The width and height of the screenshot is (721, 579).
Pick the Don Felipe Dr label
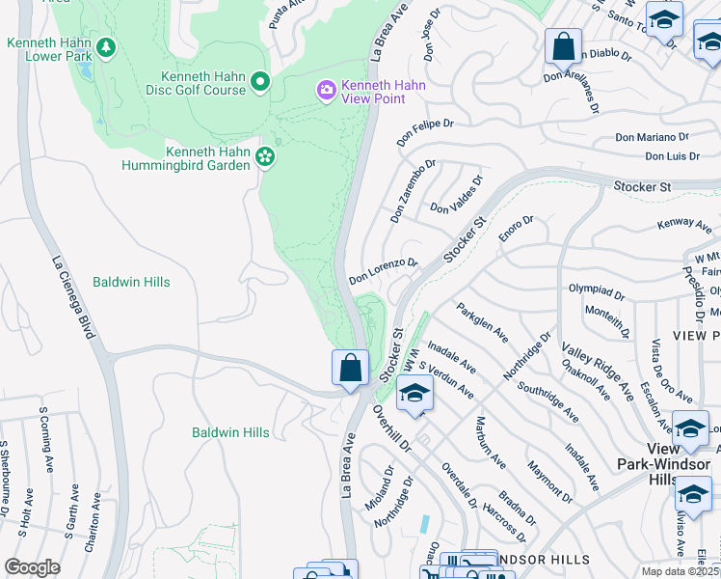[x=425, y=130]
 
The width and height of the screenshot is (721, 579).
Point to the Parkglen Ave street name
[x=482, y=320]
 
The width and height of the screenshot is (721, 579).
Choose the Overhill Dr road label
[x=391, y=429]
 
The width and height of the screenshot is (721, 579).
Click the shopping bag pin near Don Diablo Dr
[x=563, y=46]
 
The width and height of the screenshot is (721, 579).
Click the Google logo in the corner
[x=32, y=566]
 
